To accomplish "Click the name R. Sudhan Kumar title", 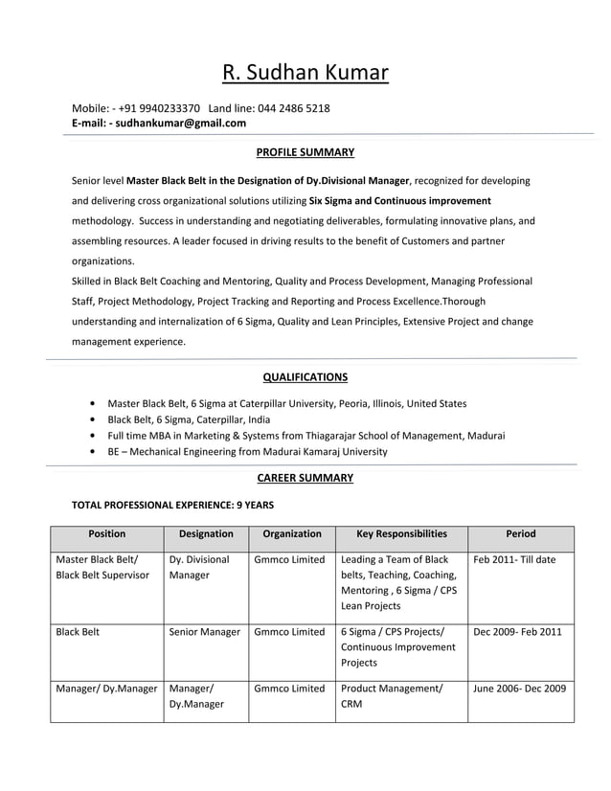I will pyautogui.click(x=305, y=73).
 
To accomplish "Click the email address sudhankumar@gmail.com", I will pyautogui.click(x=181, y=123).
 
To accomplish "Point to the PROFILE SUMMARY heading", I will pyautogui.click(x=305, y=152).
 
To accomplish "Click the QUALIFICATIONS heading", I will pyautogui.click(x=305, y=376).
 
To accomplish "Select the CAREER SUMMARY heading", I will pyautogui.click(x=305, y=478).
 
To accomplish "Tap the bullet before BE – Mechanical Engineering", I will pyautogui.click(x=91, y=451).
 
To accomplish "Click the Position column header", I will pyautogui.click(x=106, y=533).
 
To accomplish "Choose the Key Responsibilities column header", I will pyautogui.click(x=401, y=533).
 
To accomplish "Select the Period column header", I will pyautogui.click(x=520, y=533).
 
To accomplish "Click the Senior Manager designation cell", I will pyautogui.click(x=204, y=632).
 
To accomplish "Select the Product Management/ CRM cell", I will pyautogui.click(x=392, y=695).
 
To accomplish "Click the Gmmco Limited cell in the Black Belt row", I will pyautogui.click(x=289, y=632).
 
